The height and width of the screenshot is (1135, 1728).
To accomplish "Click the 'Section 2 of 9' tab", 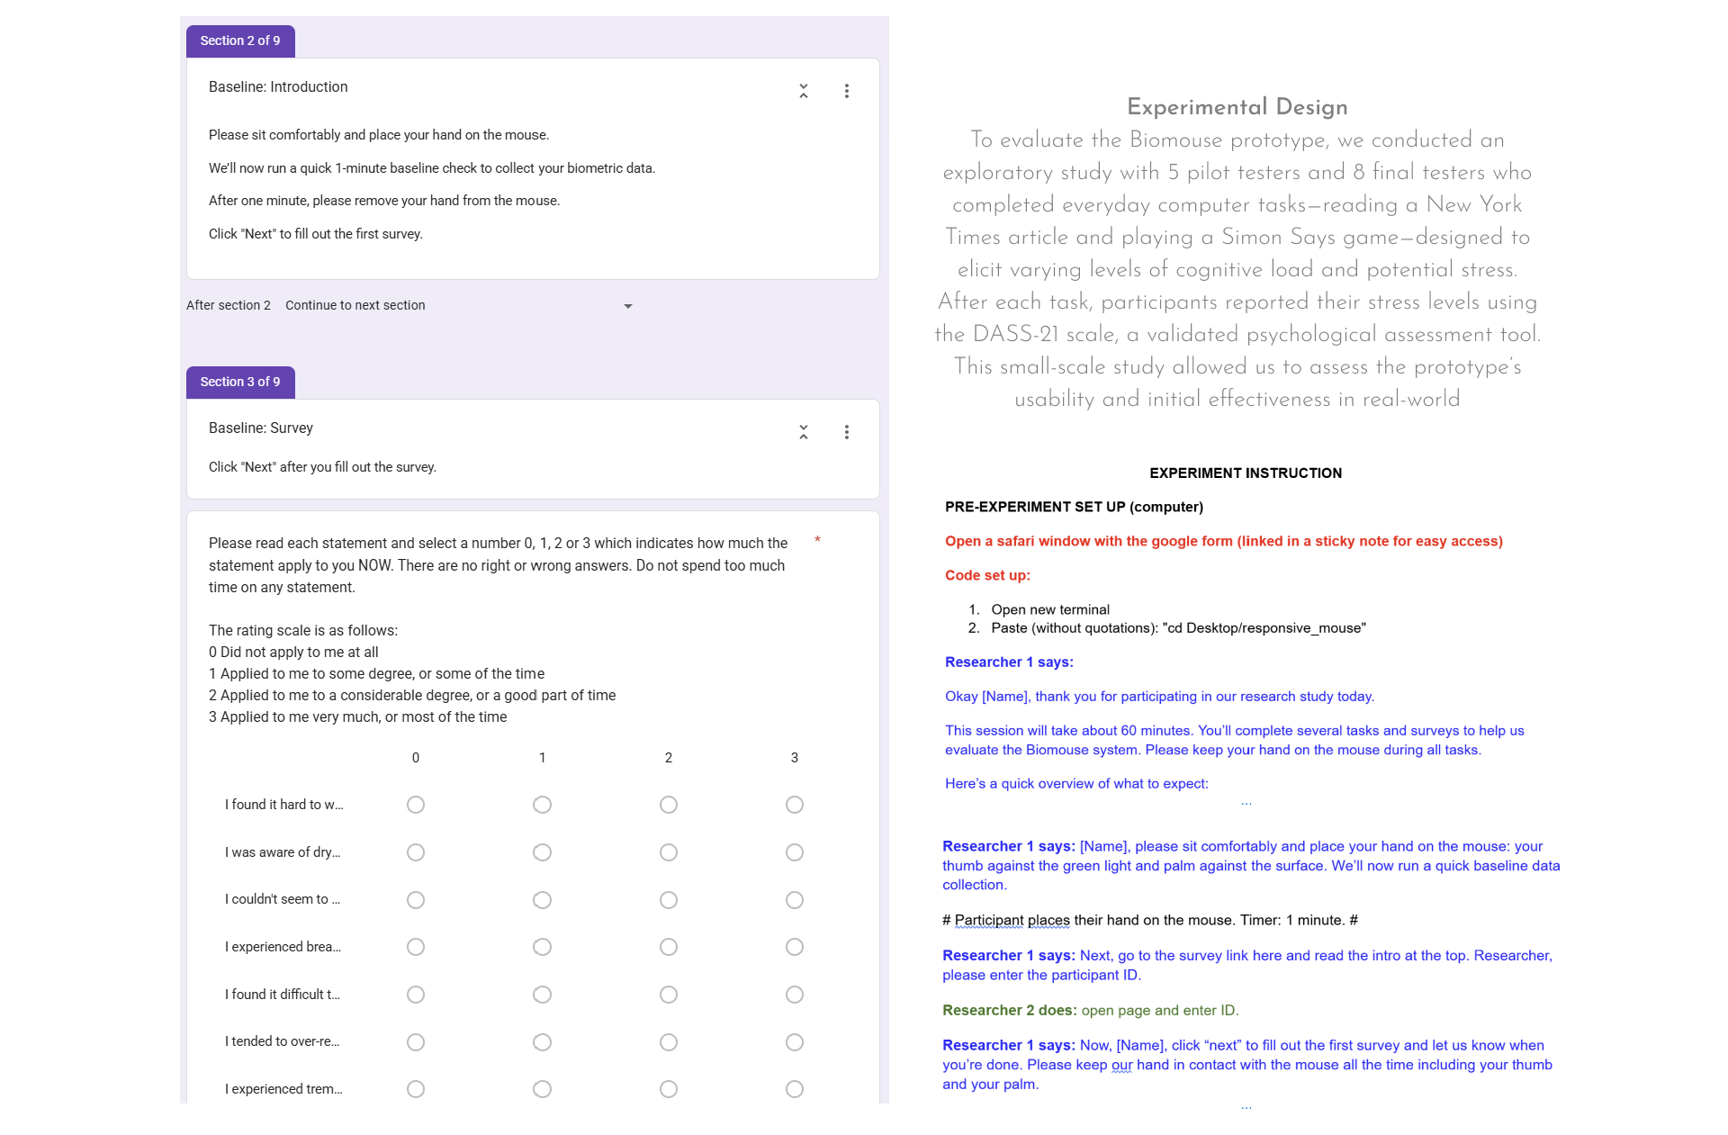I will coord(239,41).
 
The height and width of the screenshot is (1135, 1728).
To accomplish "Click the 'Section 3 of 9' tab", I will coord(239,382).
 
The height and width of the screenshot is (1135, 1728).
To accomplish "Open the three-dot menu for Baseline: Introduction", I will coord(846,91).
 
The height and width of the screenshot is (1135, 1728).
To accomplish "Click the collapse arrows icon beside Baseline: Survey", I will coord(803,432).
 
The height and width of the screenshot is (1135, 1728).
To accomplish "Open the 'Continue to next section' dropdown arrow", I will coord(627,306).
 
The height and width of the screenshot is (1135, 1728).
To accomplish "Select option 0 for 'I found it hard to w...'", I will coord(415,805).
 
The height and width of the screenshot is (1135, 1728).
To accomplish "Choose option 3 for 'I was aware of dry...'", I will coord(794,852).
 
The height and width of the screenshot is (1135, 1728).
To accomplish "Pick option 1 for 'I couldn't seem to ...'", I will coord(542,900).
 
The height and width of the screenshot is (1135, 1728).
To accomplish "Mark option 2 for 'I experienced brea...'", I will coord(668,947).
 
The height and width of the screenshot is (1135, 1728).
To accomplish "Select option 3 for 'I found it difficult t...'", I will coord(794,995).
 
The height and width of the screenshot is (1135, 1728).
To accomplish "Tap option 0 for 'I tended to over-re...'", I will coord(415,1042).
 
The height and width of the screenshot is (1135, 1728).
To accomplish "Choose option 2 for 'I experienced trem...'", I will coord(668,1089).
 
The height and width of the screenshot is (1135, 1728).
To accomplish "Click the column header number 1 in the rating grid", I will coord(542,758).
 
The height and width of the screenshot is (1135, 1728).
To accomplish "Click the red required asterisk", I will coord(817,540).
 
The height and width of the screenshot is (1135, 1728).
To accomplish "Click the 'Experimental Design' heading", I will coord(1237,107).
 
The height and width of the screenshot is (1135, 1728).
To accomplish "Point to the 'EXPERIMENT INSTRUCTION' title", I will coord(1245,473).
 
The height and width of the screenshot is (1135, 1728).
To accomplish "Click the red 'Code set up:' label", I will coord(987,575).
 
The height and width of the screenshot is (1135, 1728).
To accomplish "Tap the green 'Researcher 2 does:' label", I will coord(1009,1010).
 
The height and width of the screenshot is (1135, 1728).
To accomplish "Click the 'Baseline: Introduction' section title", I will coord(278,87).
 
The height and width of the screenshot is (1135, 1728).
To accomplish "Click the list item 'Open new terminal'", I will coord(1049,609).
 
